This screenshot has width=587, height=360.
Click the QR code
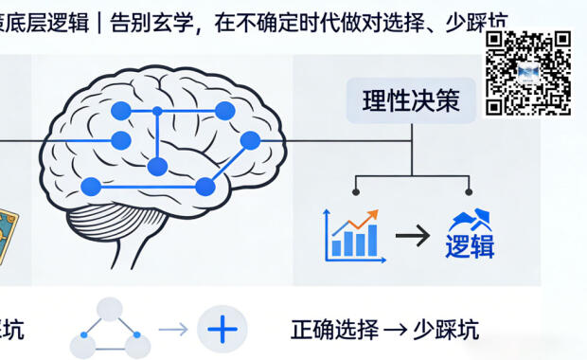click(528, 73)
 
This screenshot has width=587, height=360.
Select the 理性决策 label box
click(411, 101)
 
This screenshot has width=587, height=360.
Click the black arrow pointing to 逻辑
click(413, 235)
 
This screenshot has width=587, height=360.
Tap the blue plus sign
click(222, 330)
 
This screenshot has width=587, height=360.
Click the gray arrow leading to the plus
click(173, 330)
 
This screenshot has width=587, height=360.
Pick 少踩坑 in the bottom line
click(449, 330)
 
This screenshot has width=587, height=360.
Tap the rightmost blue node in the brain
click(250, 141)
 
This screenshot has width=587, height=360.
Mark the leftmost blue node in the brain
click(91, 186)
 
